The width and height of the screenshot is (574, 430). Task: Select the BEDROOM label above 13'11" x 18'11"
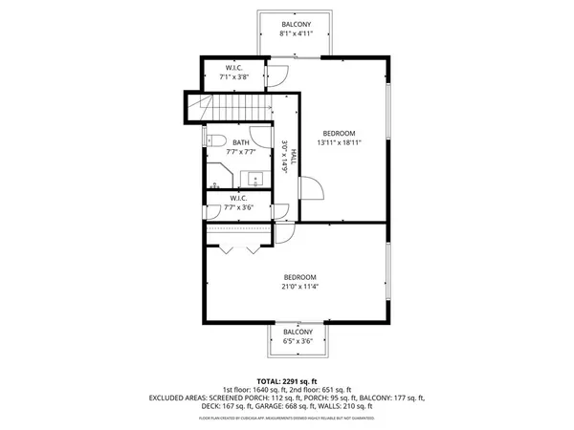[339, 132]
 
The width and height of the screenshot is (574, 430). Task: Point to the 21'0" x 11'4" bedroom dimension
[299, 286]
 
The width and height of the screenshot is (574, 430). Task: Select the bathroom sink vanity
[254, 178]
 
